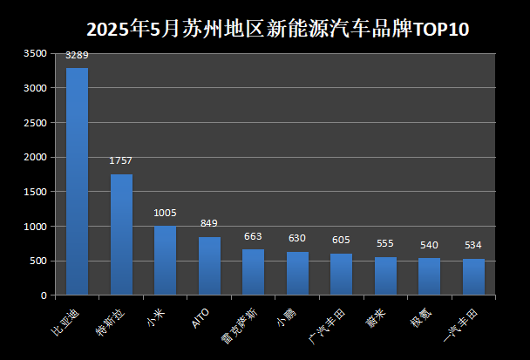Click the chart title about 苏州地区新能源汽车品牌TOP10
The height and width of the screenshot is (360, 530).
click(x=277, y=28)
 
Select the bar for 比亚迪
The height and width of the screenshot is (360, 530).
click(x=77, y=181)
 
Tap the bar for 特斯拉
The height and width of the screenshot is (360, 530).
click(x=121, y=234)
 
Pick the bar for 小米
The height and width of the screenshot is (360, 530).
click(x=165, y=261)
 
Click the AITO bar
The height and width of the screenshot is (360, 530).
click(x=209, y=266)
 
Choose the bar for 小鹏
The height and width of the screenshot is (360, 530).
click(x=297, y=274)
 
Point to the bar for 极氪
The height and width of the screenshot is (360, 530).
click(x=430, y=276)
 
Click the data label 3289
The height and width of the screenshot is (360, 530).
click(x=77, y=56)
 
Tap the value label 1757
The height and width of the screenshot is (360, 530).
click(x=121, y=161)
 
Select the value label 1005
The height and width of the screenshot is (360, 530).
click(x=165, y=213)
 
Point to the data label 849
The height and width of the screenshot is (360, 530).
click(x=209, y=224)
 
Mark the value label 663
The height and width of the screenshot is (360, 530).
click(x=253, y=236)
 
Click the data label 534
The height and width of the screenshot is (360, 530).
click(x=473, y=246)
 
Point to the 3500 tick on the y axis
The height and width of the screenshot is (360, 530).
click(x=35, y=54)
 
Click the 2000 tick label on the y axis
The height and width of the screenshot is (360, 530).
click(x=35, y=158)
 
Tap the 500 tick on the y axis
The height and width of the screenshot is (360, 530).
click(x=37, y=261)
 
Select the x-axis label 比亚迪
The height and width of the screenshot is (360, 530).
click(x=64, y=322)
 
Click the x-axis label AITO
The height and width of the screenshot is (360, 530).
click(x=200, y=318)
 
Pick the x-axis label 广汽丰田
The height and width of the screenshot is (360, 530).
click(x=326, y=324)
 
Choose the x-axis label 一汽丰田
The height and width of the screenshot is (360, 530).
click(x=459, y=324)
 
